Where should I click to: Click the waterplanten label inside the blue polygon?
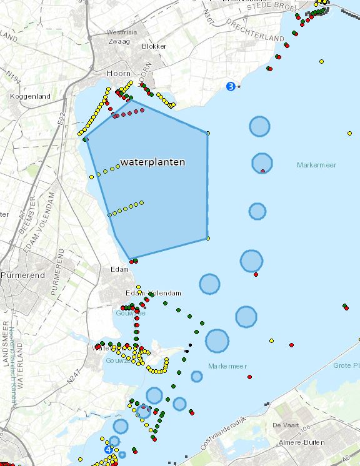pos(152,162)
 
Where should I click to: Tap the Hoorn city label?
pos(118,73)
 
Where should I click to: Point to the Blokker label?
pos(154,46)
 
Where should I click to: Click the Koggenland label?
pos(25,97)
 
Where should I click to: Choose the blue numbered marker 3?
pos(231,86)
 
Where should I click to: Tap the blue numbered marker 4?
pos(109,449)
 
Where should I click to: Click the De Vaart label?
pos(284,425)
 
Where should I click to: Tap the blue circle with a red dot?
pos(262,163)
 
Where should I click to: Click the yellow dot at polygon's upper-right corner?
pos(207,132)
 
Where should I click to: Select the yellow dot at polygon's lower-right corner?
pos(207,238)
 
